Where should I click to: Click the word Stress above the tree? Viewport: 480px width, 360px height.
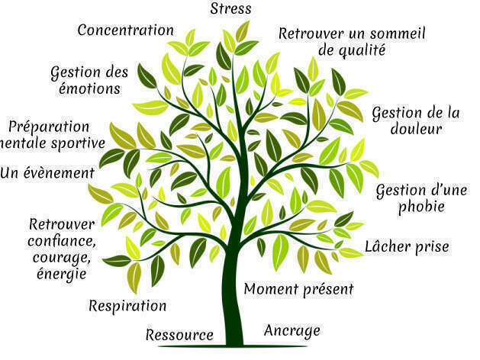pos(230,9)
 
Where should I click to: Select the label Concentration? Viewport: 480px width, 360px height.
pos(126,31)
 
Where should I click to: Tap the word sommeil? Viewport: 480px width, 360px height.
pos(397,34)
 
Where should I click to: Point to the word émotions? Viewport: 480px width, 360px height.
pos(89,89)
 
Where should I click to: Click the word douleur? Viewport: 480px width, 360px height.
pos(416,130)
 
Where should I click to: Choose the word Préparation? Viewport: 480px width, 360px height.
pos(48,127)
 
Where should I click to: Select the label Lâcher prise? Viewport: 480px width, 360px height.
pos(407,246)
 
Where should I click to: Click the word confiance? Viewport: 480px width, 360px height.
pos(61,241)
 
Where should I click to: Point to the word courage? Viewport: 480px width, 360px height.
pos(61,257)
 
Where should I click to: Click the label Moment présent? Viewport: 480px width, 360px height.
pos(299,289)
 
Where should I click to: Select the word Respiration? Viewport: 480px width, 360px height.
pos(127,307)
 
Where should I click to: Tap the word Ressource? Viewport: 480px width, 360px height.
pos(179,335)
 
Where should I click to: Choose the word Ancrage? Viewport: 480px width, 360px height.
pos(292,331)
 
